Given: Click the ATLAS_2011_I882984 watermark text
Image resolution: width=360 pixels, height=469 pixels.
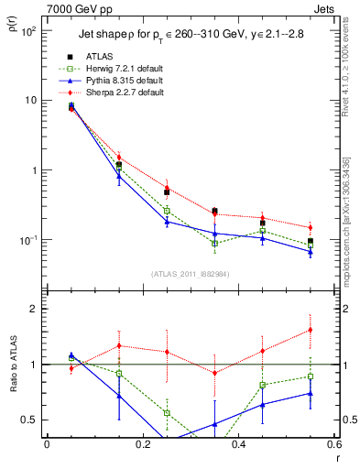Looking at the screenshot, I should coord(191,274).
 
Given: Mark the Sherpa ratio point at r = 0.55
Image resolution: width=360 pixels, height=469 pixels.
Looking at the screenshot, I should coord(311,330).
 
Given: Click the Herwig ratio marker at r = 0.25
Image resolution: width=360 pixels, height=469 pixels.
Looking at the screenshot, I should coord(167,413).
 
